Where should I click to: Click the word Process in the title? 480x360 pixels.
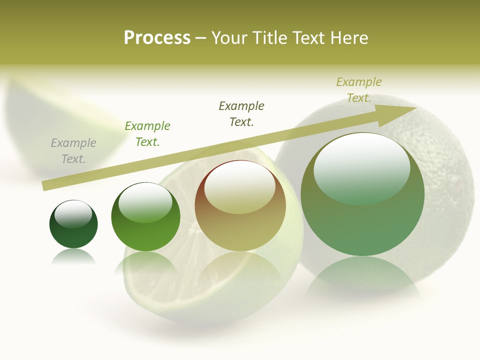(x=157, y=38)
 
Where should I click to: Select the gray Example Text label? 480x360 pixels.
(x=73, y=151)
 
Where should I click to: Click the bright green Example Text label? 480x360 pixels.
(x=147, y=134)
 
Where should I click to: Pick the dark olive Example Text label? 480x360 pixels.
(x=241, y=113)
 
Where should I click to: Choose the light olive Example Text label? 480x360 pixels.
(x=358, y=90)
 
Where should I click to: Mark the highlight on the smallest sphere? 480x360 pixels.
(x=73, y=213)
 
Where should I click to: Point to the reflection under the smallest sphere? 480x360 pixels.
(x=73, y=256)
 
